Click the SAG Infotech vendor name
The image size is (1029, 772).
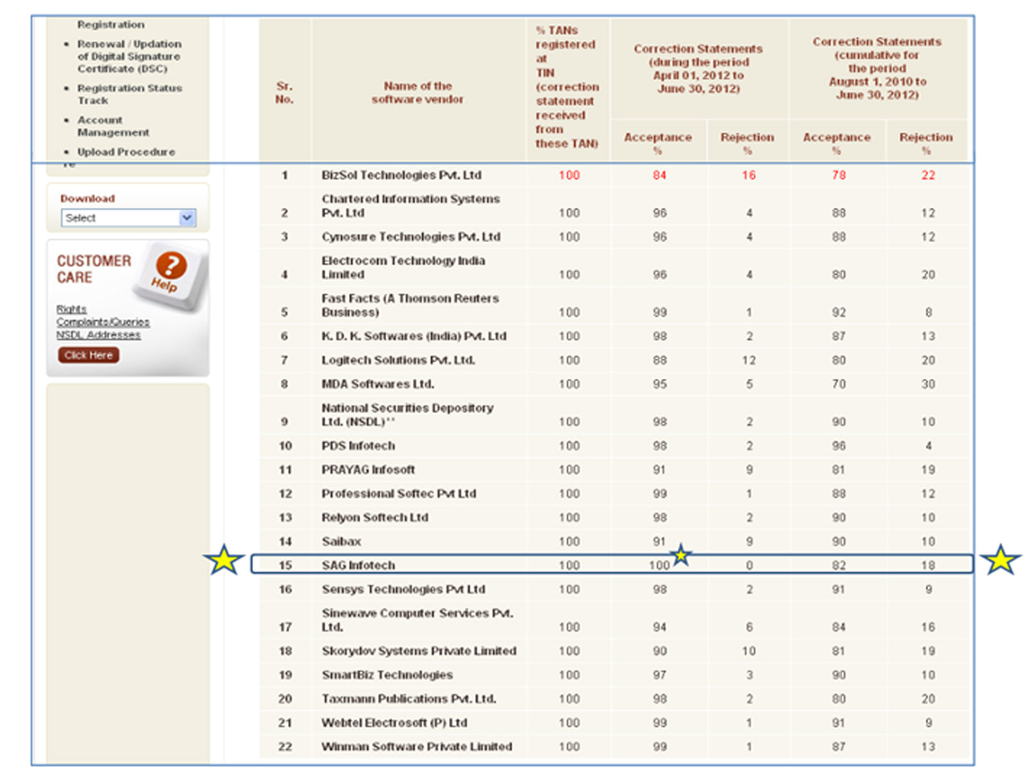[x=358, y=565]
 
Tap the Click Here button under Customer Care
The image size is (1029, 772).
[x=88, y=355]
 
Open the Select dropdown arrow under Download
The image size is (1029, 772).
[x=187, y=217]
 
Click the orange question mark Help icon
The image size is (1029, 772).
[x=170, y=265]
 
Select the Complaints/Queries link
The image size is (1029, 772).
[x=102, y=322]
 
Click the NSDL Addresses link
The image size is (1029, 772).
[x=98, y=335]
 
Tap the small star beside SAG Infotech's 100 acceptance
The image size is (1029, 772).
[x=680, y=554]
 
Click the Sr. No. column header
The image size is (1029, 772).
[x=284, y=93]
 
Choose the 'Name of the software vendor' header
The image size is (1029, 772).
[x=417, y=93]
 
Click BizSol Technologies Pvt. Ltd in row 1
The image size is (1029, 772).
[x=401, y=175]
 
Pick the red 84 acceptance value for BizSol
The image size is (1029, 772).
[x=659, y=175]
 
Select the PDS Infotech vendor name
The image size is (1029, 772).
[x=358, y=446]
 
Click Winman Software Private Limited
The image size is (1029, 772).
[x=417, y=746]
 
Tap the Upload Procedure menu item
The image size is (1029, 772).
[x=126, y=152]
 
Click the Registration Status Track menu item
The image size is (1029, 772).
[x=129, y=94]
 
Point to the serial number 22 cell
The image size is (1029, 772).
[x=285, y=746]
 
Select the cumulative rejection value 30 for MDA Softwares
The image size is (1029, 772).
[x=927, y=384]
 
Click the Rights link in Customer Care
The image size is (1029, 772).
[x=71, y=309]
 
